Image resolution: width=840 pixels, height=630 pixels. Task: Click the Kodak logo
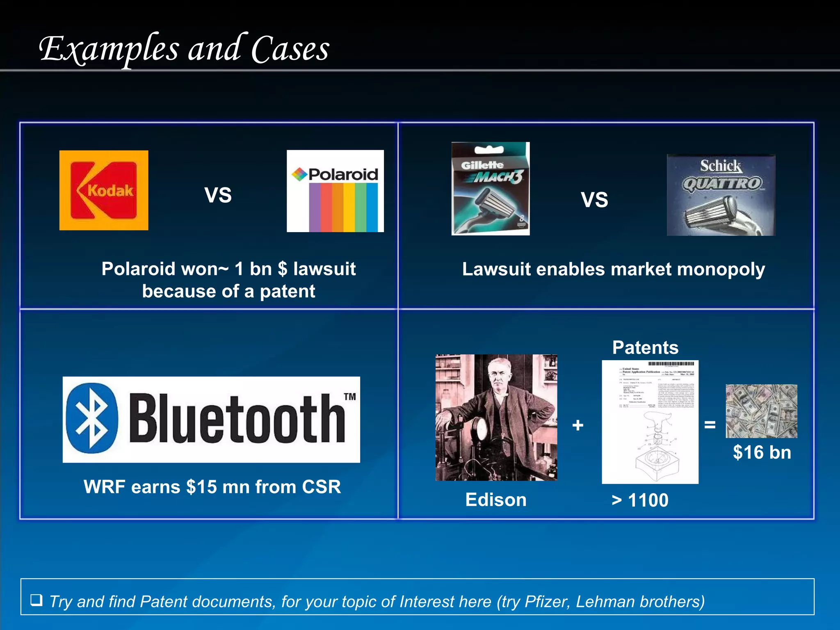click(x=104, y=190)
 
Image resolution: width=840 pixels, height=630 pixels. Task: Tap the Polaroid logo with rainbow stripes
click(x=335, y=191)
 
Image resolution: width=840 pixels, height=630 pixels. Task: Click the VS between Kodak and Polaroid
click(x=218, y=195)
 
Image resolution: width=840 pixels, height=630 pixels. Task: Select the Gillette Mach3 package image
click(x=491, y=189)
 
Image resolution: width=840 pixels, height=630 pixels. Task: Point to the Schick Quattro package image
click(x=721, y=195)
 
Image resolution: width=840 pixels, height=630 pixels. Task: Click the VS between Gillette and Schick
click(x=594, y=200)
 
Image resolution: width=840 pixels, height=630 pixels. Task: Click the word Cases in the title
click(x=290, y=49)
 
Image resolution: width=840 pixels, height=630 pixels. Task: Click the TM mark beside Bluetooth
click(x=350, y=397)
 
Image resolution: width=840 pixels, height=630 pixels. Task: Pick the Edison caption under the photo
click(x=496, y=500)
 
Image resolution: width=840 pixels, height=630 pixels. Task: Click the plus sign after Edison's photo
click(x=577, y=425)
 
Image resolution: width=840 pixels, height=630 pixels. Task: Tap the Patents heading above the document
click(x=645, y=348)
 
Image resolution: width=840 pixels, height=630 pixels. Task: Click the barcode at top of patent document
click(x=671, y=364)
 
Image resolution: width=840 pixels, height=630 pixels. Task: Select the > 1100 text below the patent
click(x=640, y=500)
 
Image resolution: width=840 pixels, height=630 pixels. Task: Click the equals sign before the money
click(x=710, y=425)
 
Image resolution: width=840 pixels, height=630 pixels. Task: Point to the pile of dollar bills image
click(x=761, y=411)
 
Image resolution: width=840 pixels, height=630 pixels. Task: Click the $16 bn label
click(x=762, y=453)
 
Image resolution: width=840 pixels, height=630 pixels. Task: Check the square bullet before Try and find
click(x=37, y=600)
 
